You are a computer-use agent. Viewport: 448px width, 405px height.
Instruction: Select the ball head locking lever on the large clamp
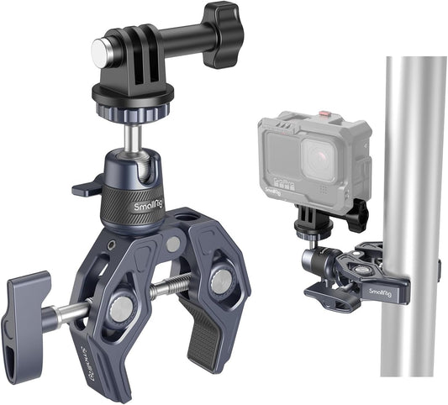coord(87,187)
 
